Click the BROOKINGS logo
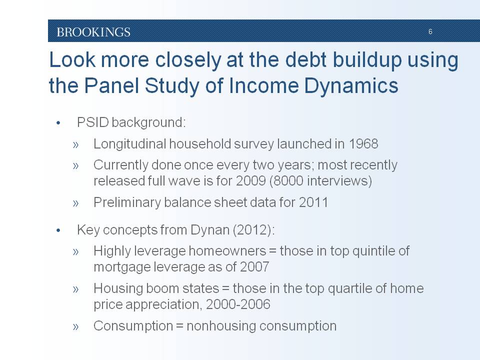[x=93, y=32]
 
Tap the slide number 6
[x=430, y=31]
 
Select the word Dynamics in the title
[x=351, y=85]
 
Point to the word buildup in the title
[x=366, y=59]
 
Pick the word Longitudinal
[x=129, y=144]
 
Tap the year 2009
[x=250, y=180]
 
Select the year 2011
[x=313, y=202]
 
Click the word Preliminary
[x=127, y=203]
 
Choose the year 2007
[x=254, y=267]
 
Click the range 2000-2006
[x=238, y=304]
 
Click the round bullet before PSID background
[x=58, y=123]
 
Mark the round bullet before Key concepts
[x=58, y=230]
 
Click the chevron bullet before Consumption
[x=76, y=326]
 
